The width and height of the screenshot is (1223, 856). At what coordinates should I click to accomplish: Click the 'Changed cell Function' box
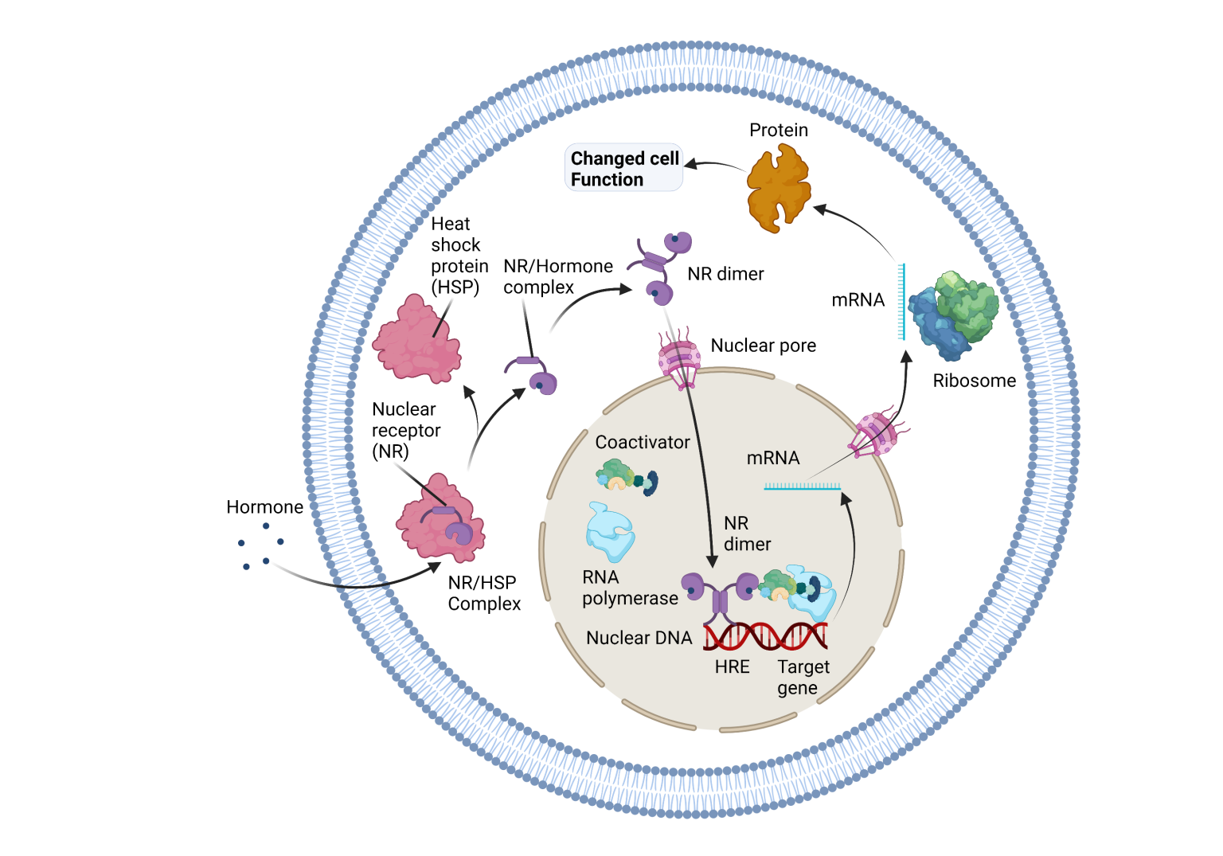[x=623, y=168]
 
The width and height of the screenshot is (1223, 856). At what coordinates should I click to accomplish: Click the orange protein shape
[x=778, y=187]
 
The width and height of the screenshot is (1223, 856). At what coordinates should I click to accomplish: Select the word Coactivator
[x=643, y=442]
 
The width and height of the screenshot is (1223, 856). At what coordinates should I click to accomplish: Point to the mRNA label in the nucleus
[x=772, y=458]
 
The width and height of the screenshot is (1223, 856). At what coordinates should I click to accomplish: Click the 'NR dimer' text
[x=747, y=534]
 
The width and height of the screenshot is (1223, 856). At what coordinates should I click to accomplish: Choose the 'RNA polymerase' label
[x=630, y=588]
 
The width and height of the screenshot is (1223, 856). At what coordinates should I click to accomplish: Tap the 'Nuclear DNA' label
[x=639, y=638]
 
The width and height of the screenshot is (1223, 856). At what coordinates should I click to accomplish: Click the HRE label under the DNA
[x=732, y=666]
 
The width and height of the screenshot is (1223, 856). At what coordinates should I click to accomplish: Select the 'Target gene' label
[x=803, y=677]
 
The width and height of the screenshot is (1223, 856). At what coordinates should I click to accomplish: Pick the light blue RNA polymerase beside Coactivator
[x=610, y=532]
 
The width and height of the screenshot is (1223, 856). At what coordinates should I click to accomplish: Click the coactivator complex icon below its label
[x=627, y=477]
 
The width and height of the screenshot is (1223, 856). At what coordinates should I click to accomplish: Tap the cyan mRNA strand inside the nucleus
[x=802, y=486]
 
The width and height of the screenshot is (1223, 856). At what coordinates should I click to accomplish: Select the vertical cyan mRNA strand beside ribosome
[x=901, y=302]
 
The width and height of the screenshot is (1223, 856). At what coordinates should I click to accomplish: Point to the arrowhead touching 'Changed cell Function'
[x=690, y=164]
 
